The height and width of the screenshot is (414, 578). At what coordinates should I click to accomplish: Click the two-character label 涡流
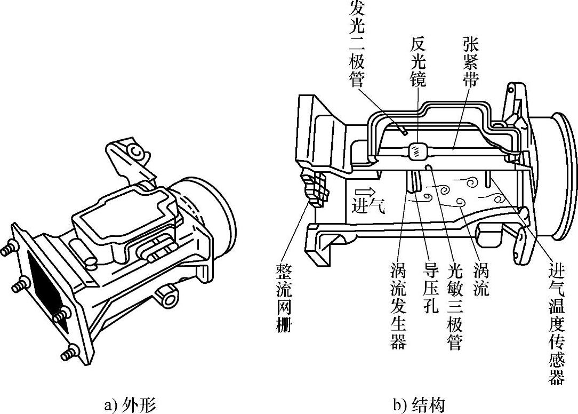pos(480,280)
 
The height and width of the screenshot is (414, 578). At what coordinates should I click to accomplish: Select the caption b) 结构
pos(419,404)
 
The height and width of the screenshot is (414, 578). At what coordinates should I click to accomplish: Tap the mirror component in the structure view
pos(417,152)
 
